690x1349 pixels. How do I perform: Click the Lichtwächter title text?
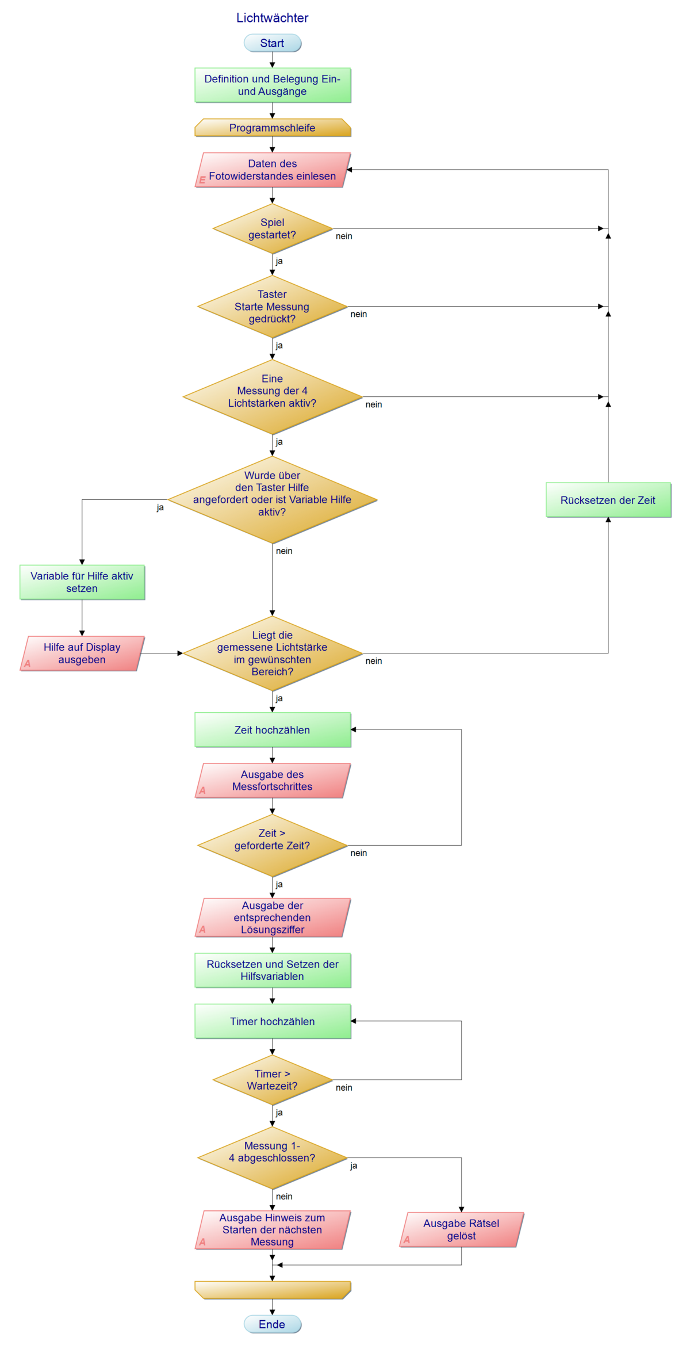click(272, 18)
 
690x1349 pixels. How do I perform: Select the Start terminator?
click(272, 43)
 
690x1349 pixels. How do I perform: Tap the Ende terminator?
click(272, 1324)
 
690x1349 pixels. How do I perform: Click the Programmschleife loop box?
click(272, 128)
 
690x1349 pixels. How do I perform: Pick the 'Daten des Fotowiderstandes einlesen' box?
click(272, 170)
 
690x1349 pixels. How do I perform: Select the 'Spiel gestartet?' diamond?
click(272, 228)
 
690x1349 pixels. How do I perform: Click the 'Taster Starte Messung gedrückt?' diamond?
click(272, 307)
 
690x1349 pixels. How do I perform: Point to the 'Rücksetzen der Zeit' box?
click(608, 500)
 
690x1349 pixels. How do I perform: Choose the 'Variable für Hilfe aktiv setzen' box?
click(82, 582)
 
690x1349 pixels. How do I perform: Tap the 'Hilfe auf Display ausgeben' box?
click(82, 654)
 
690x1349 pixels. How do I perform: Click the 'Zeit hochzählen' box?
click(272, 730)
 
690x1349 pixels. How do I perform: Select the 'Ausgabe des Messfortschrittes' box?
click(272, 781)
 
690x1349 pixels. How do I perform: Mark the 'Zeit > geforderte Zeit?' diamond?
click(272, 845)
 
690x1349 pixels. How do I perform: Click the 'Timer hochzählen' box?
click(272, 1021)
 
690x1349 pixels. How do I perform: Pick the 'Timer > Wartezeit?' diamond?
click(272, 1080)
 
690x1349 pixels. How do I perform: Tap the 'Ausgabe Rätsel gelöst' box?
click(461, 1229)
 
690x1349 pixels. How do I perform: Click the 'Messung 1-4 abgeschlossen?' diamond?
click(272, 1157)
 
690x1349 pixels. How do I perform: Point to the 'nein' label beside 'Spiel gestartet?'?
click(344, 236)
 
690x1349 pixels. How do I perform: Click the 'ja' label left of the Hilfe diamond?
click(160, 508)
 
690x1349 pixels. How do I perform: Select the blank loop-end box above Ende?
click(272, 1290)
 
